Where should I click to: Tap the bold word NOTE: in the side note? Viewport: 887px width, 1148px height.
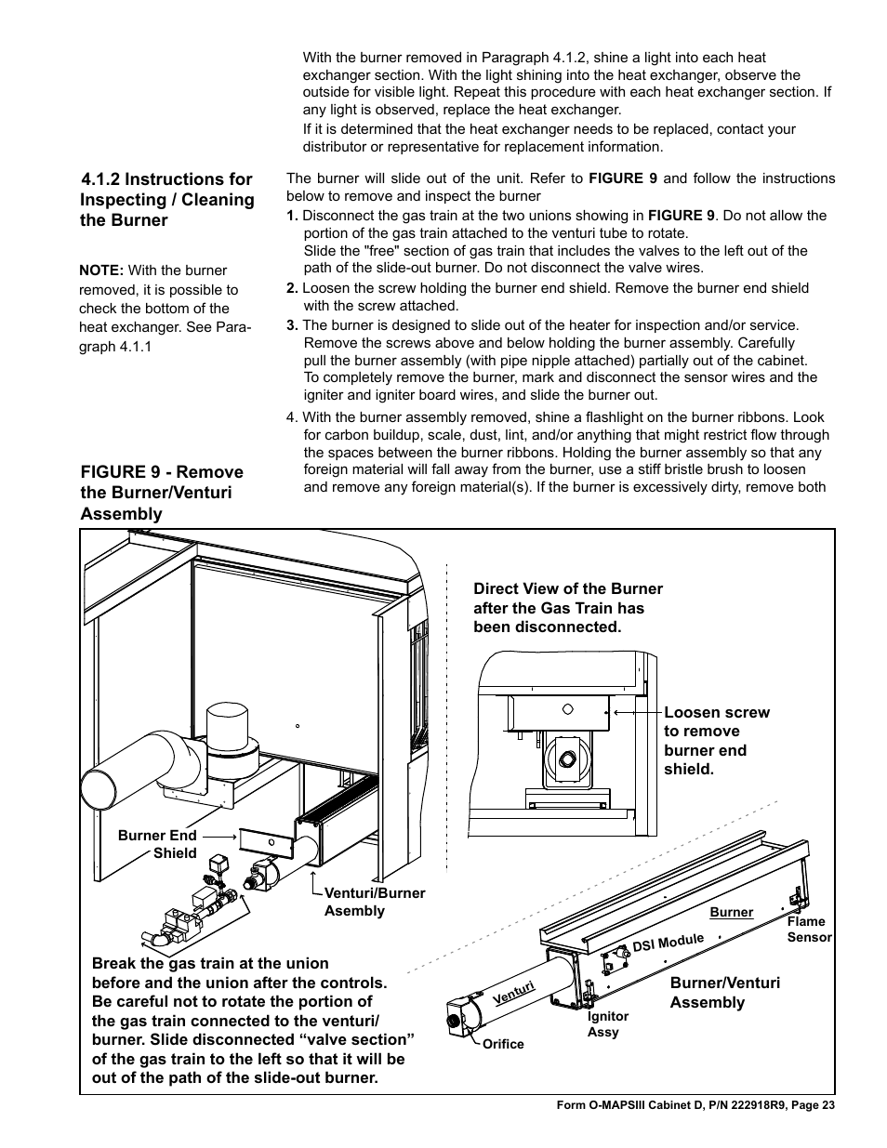point(101,271)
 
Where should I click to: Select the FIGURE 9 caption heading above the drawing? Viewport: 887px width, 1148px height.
point(162,493)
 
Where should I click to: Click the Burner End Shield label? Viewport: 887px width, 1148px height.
point(157,844)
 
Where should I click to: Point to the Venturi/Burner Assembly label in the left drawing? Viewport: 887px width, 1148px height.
point(374,902)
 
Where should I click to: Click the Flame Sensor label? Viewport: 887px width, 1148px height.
point(808,929)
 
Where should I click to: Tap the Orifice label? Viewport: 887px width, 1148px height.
point(503,1044)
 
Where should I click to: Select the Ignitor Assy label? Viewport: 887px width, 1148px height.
point(607,1024)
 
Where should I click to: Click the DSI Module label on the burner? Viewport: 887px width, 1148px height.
point(668,943)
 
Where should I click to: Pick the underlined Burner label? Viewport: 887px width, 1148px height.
point(731,912)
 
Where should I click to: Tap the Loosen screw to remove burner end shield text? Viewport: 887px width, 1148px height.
point(716,740)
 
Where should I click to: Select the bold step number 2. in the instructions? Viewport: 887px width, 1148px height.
point(292,288)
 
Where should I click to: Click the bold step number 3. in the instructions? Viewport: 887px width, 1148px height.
point(292,324)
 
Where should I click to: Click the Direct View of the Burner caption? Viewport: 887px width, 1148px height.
point(567,608)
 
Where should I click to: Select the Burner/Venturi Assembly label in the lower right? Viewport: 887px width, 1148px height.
point(724,992)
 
